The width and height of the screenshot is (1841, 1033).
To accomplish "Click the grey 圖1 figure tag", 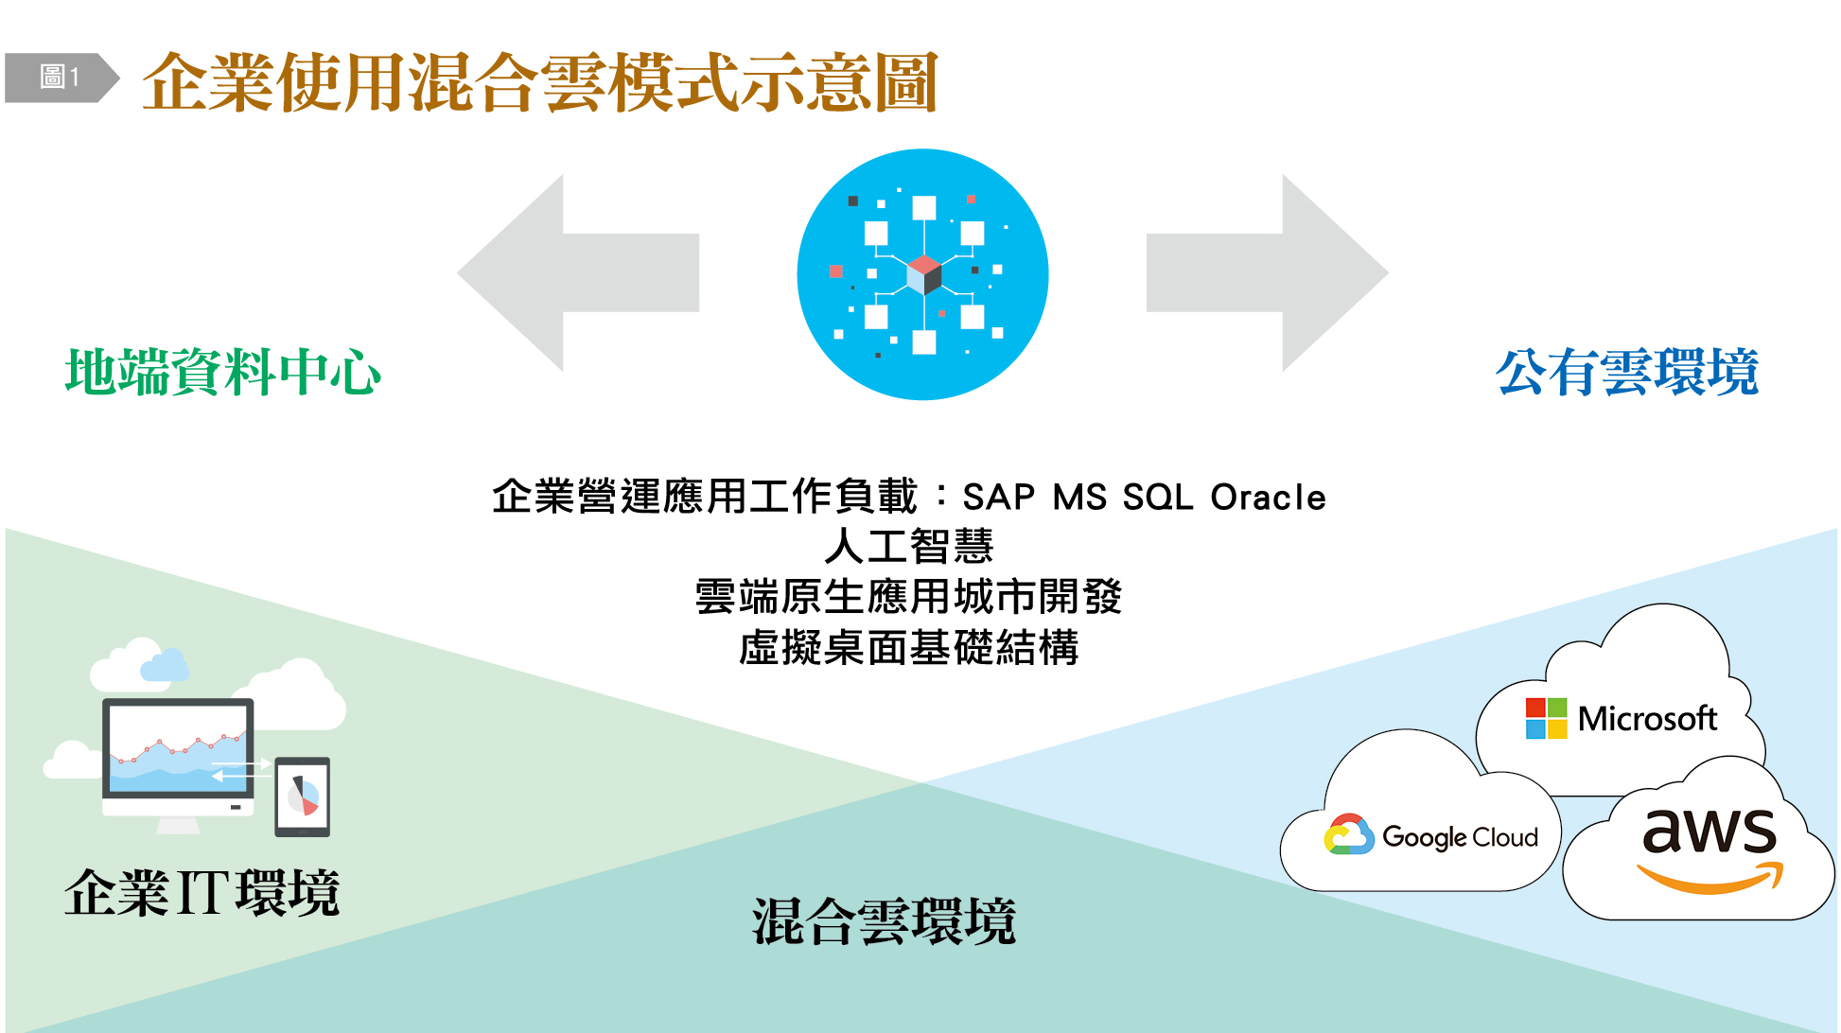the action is tap(62, 78).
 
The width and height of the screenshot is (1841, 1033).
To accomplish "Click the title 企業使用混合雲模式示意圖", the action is tap(540, 82).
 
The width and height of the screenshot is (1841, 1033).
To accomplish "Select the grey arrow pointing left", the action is tap(578, 272).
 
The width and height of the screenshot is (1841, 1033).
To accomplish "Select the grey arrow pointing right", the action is tap(1268, 272).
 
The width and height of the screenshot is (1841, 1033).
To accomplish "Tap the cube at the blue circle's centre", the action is tap(923, 275).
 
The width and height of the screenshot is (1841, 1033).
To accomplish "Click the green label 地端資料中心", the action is tap(223, 372).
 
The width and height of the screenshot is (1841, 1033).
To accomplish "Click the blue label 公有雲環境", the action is tap(1627, 372).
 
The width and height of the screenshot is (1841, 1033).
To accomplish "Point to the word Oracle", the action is tap(1268, 498).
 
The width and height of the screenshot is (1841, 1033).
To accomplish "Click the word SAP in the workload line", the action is tap(999, 498).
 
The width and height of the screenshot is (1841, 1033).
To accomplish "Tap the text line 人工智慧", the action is tap(909, 547).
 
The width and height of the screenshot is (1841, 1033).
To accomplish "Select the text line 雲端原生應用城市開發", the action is tap(909, 597).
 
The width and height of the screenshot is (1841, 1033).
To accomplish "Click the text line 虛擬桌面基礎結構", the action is tap(909, 648).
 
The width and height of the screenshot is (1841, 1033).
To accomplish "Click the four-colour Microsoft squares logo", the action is tap(1546, 718).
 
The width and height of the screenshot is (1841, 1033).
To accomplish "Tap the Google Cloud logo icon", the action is tap(1349, 834).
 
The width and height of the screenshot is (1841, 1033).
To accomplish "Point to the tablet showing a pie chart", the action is tap(303, 797).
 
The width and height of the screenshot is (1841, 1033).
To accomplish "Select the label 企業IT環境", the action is tap(202, 893).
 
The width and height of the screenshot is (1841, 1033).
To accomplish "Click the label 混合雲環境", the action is tap(885, 921).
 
